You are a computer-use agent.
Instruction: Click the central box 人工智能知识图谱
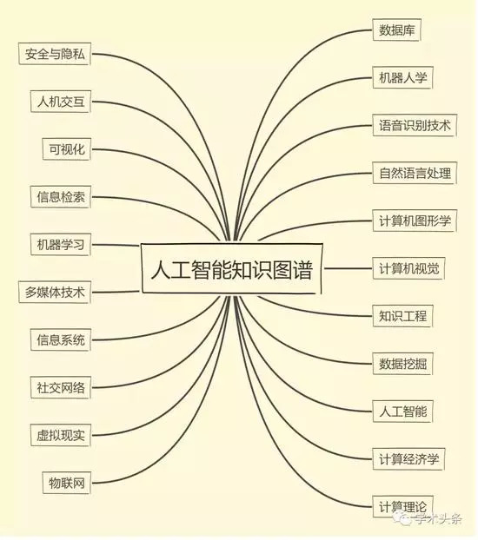(232, 268)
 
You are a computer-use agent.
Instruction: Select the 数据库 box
(396, 30)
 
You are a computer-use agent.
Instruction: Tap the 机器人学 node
(402, 77)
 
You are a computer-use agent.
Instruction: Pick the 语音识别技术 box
(415, 125)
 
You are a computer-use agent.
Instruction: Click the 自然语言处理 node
(415, 173)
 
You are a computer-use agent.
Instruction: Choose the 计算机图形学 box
(415, 221)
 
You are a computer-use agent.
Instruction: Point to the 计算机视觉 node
(408, 268)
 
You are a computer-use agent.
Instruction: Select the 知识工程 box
(402, 316)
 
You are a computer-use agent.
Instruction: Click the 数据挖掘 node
(402, 364)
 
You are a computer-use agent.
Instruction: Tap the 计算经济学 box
(408, 458)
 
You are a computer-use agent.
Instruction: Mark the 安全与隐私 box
(55, 54)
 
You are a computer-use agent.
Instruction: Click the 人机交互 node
(61, 102)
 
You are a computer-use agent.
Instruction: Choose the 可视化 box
(67, 149)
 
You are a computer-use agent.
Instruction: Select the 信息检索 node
(61, 197)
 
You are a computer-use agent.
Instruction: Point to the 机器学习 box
(61, 245)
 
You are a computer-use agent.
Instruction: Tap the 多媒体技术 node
(55, 292)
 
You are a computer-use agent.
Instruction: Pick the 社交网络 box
(61, 387)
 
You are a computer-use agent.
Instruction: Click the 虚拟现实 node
(61, 435)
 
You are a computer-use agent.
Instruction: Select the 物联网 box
(67, 483)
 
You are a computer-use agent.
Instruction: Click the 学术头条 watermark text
(438, 519)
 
